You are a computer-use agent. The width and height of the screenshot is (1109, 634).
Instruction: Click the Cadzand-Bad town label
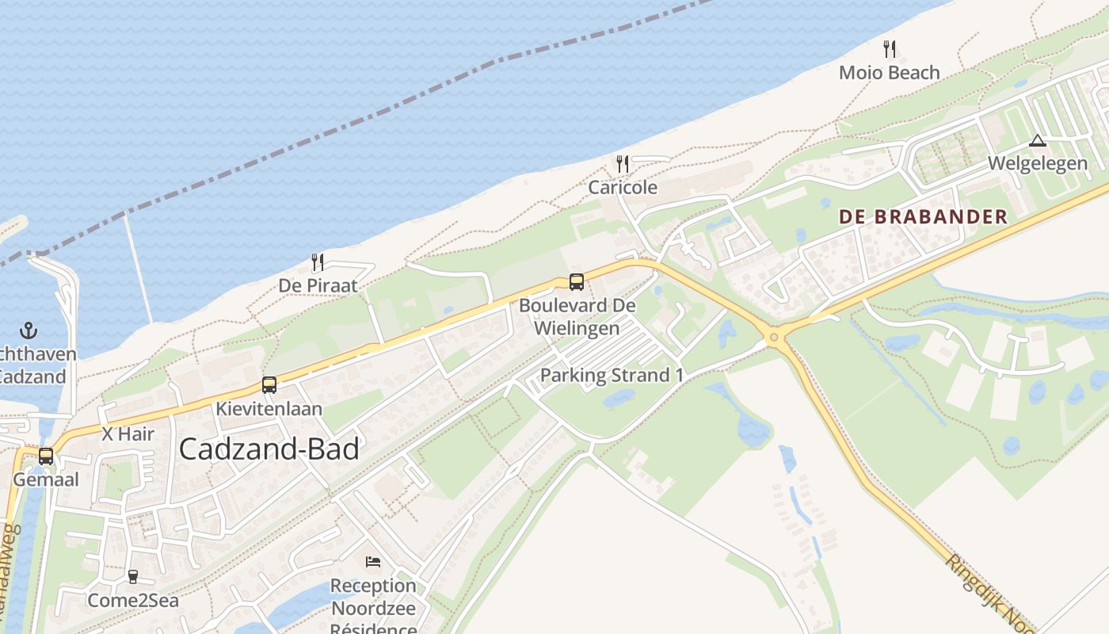click(269, 449)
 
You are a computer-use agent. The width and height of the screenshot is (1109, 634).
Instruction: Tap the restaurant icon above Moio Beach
click(890, 49)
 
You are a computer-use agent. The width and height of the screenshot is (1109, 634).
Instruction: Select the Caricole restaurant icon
click(623, 164)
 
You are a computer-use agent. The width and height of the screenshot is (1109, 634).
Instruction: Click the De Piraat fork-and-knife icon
click(318, 262)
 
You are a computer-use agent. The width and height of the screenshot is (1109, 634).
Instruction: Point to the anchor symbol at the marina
click(29, 330)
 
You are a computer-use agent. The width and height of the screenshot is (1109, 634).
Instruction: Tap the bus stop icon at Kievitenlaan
click(269, 385)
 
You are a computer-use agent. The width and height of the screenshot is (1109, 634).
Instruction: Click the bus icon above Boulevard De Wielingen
click(577, 281)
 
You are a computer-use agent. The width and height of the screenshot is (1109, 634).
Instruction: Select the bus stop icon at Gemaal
click(46, 456)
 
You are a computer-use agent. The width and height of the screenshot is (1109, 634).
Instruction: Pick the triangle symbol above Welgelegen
click(1037, 141)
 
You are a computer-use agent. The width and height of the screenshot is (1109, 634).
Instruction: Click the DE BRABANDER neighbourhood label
click(923, 216)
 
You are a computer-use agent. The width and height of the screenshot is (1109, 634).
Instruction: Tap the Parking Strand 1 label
click(612, 375)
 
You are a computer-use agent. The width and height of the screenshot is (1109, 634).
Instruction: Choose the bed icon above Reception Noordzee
click(372, 562)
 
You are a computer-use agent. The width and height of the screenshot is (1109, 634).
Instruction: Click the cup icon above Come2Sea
click(133, 577)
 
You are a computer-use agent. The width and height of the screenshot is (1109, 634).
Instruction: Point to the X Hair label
click(128, 433)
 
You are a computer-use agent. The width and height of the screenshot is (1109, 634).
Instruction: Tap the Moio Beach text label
click(889, 73)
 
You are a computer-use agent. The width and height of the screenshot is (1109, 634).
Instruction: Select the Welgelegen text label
click(1037, 163)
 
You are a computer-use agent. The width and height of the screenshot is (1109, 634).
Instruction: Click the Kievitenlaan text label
click(269, 409)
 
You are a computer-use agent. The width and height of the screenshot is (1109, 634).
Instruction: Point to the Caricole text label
click(623, 188)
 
